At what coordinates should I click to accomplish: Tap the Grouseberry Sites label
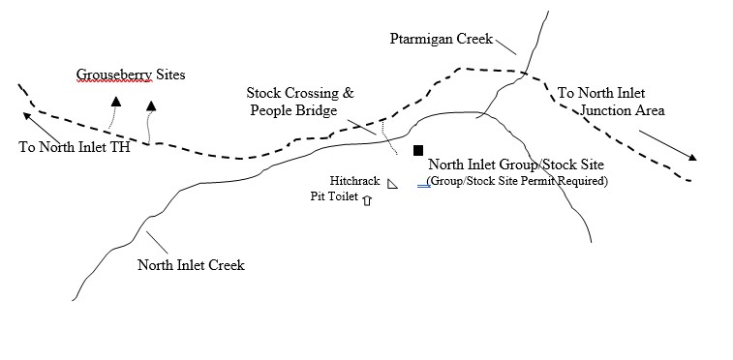(131, 74)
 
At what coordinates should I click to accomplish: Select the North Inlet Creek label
(191, 265)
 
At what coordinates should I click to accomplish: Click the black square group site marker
(418, 151)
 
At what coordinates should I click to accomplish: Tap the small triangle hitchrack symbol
(392, 184)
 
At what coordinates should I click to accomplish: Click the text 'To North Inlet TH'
(74, 148)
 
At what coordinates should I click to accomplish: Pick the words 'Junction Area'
(623, 110)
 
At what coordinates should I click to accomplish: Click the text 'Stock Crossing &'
(300, 94)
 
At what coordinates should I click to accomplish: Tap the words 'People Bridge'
(293, 111)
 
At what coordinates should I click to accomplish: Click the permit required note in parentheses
(517, 181)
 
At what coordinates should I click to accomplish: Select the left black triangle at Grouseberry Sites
(116, 100)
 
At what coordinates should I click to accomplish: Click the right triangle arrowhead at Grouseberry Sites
(150, 103)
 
